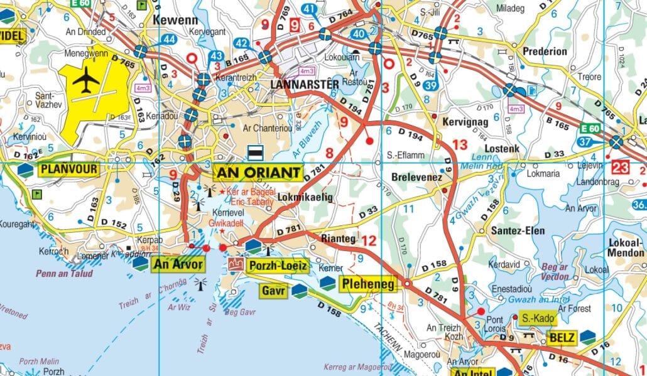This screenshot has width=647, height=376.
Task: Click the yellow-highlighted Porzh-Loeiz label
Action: [278, 266]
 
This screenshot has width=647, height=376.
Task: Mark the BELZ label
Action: [562, 338]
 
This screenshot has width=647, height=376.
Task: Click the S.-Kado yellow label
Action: [538, 319]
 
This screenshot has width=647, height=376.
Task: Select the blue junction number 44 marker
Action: [168, 40]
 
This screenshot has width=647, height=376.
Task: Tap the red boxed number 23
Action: [621, 168]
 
